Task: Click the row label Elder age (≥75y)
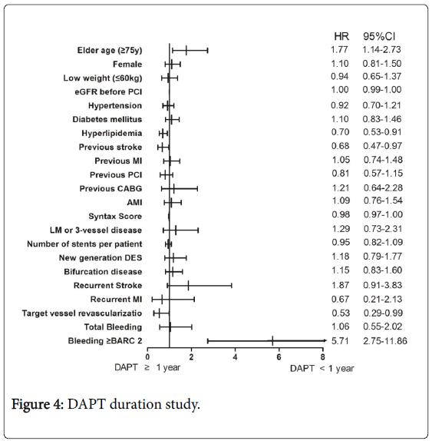(x=110, y=51)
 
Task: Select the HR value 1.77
(x=339, y=49)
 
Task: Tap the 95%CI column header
(x=379, y=36)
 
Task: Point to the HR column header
(x=341, y=36)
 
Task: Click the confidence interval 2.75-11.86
(x=385, y=341)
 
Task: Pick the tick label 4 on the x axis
(x=235, y=357)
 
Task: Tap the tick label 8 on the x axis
(x=323, y=357)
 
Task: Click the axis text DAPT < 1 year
(x=322, y=369)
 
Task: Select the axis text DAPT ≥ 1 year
(x=147, y=367)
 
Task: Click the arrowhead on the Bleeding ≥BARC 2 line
(x=325, y=340)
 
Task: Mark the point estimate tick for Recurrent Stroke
(x=188, y=286)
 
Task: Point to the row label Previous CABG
(x=110, y=188)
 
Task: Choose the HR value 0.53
(x=341, y=313)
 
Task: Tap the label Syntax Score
(x=115, y=217)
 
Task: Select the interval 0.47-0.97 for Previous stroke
(x=382, y=146)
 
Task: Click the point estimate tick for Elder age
(x=186, y=51)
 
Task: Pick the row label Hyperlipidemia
(x=112, y=134)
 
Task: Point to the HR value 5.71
(x=340, y=341)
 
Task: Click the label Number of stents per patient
(x=84, y=244)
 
